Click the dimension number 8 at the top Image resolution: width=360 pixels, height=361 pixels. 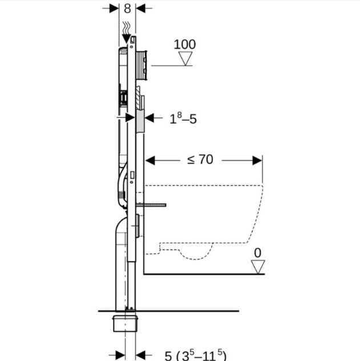pos(127,9)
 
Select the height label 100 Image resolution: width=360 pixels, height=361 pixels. pos(184,44)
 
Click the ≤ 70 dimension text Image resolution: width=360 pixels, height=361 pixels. pos(200,159)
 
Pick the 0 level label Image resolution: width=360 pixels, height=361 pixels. pos(258,251)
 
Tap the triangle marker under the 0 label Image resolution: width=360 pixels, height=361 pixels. pos(258,266)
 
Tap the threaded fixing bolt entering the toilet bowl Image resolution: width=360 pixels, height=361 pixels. pos(152,203)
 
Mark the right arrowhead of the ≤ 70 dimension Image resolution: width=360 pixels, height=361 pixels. pos(258,160)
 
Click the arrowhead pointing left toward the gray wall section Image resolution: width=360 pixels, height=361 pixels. pos(150,118)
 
